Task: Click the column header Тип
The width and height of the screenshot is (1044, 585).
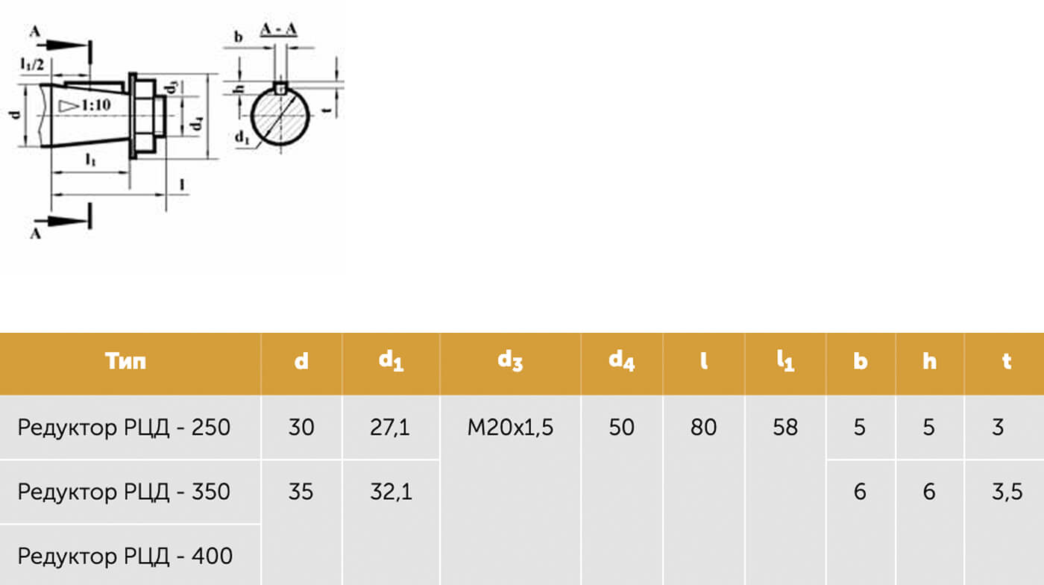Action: pyautogui.click(x=125, y=361)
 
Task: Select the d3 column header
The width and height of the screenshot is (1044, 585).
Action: pyautogui.click(x=510, y=360)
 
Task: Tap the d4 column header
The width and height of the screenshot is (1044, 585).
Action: pyautogui.click(x=622, y=360)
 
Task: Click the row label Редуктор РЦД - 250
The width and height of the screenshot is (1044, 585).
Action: pyautogui.click(x=124, y=428)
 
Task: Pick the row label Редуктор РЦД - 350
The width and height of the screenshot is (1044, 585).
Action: pyautogui.click(x=124, y=492)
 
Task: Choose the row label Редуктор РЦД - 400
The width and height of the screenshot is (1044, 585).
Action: pyautogui.click(x=125, y=556)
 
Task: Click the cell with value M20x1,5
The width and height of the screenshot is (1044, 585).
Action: pyautogui.click(x=510, y=428)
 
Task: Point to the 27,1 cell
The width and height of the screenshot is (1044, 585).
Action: pyautogui.click(x=390, y=428)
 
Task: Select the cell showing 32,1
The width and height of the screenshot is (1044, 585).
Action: pyautogui.click(x=391, y=492)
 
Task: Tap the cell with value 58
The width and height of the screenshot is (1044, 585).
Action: pyautogui.click(x=785, y=428)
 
